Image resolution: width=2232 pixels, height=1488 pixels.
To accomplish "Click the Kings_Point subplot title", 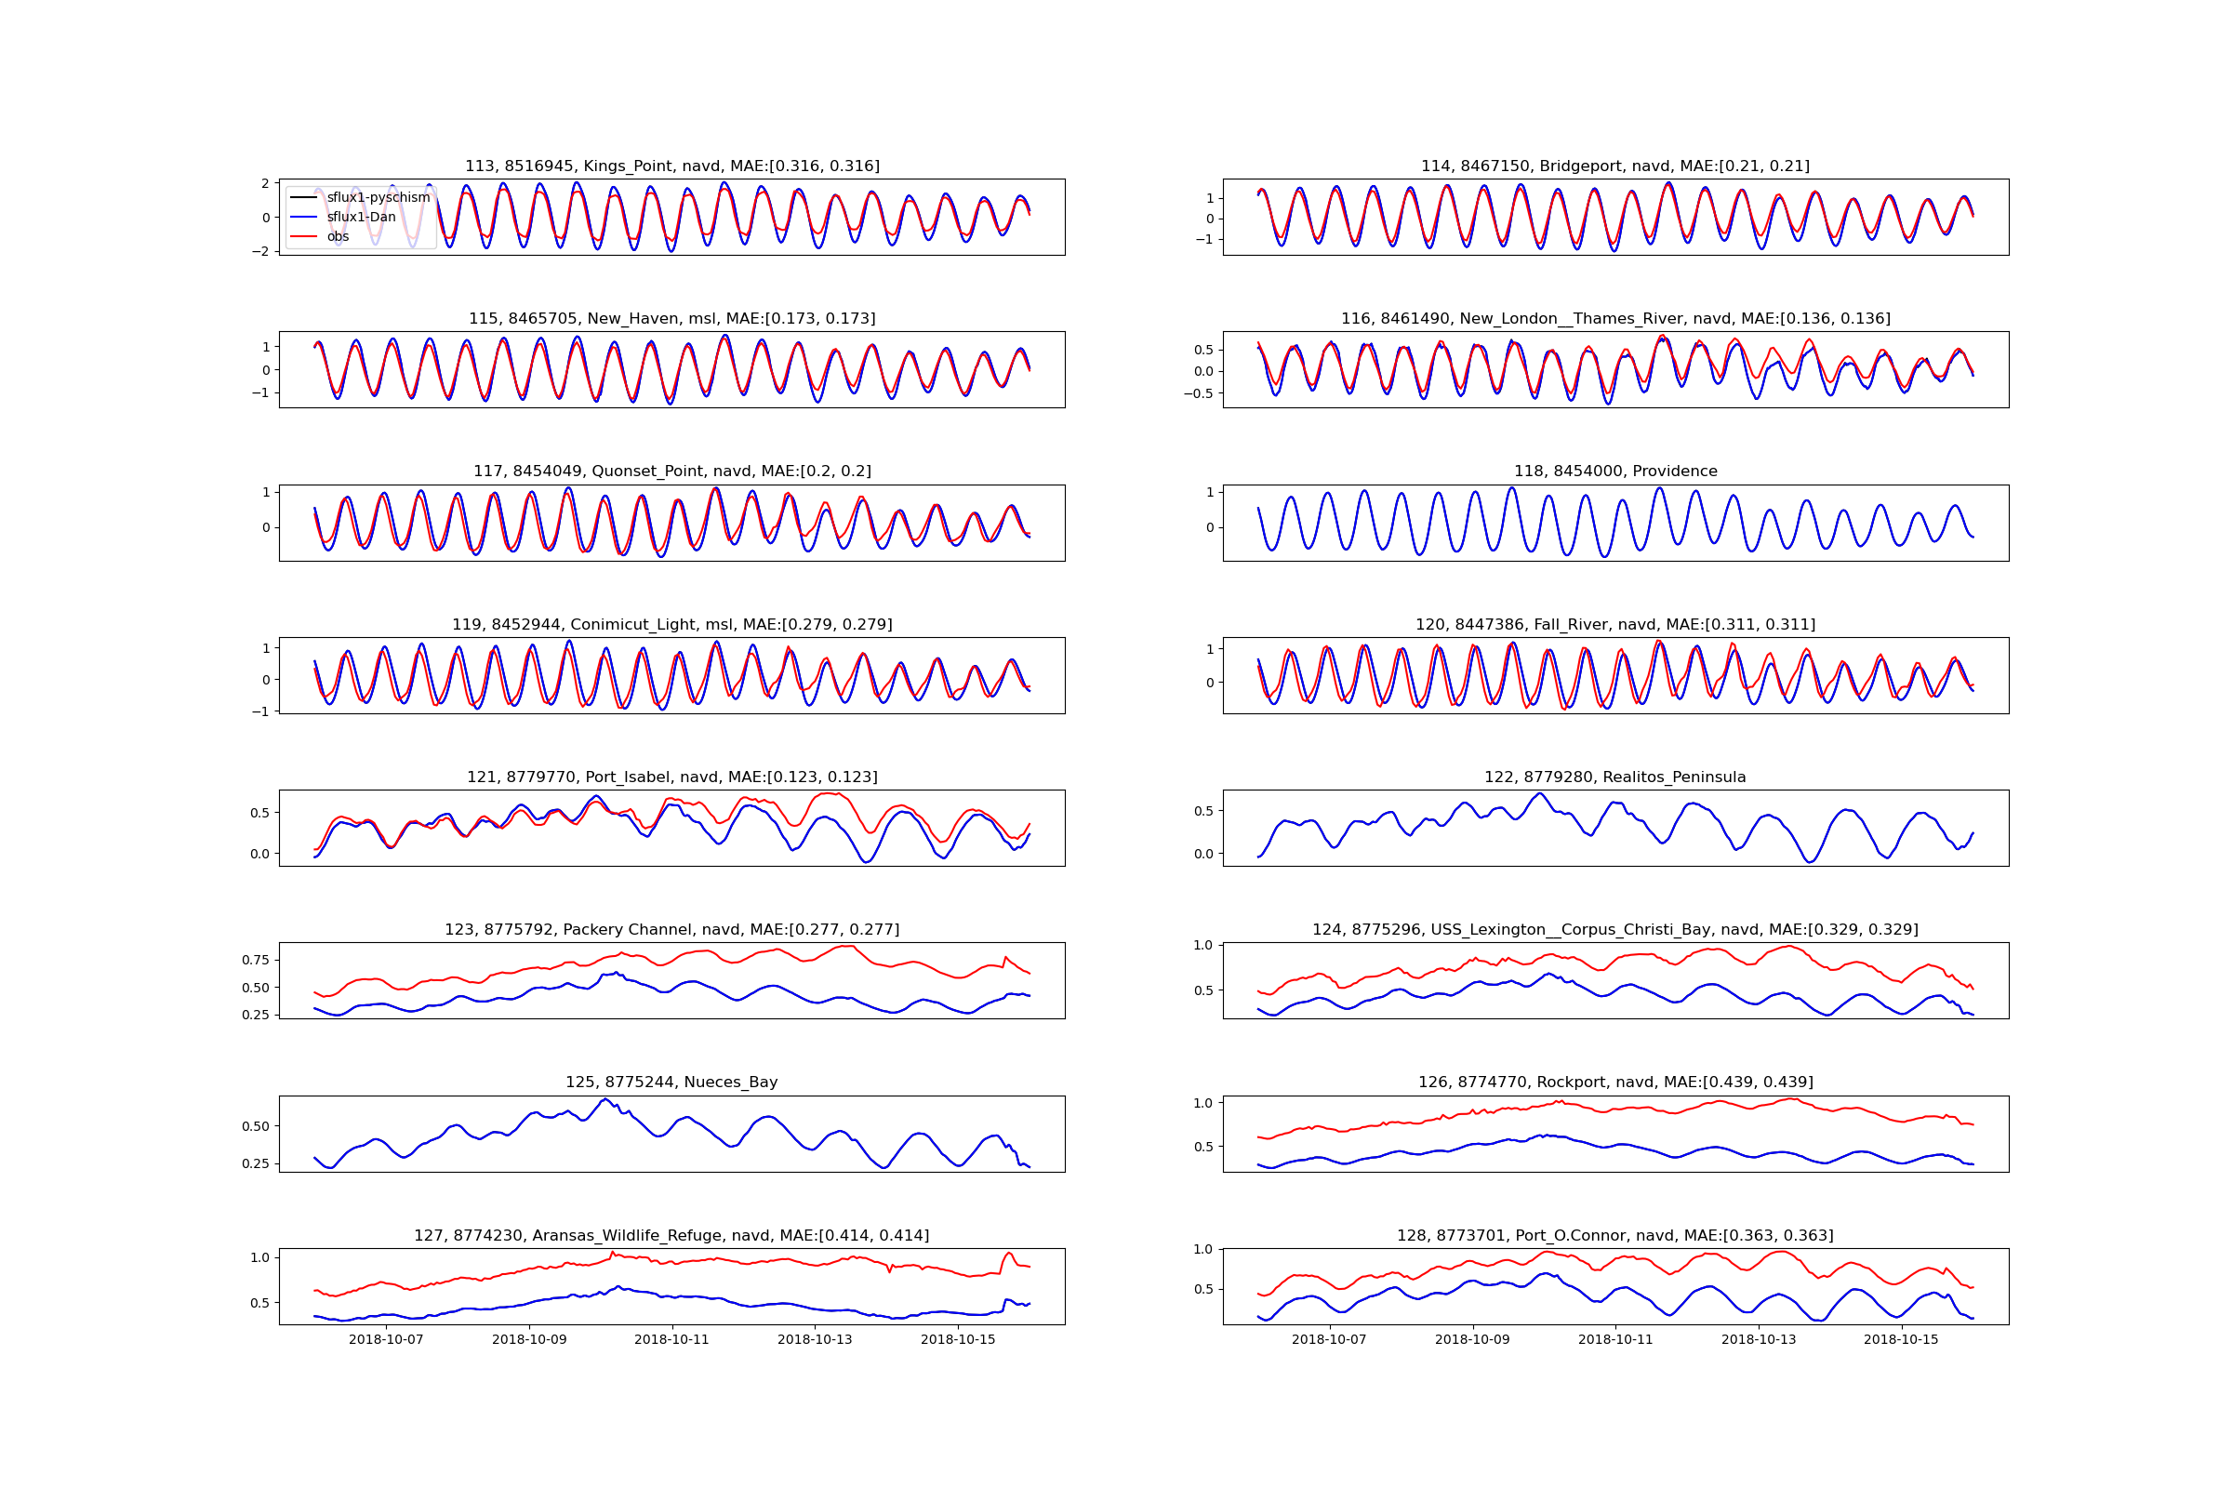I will (x=671, y=166).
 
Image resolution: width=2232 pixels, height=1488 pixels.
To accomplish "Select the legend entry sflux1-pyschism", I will (x=378, y=197).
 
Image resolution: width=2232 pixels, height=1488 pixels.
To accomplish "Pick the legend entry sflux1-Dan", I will (x=361, y=218).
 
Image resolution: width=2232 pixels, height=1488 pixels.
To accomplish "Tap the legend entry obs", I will (x=338, y=237).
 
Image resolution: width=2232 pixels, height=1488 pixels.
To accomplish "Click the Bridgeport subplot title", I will (x=1615, y=166).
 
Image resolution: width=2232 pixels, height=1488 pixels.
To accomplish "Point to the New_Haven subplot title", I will (x=671, y=319).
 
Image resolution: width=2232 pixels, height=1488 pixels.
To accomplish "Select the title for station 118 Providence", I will (x=1615, y=472).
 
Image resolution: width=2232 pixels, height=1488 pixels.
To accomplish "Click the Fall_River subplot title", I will (x=1615, y=624).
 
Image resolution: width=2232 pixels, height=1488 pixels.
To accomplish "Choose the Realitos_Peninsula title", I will (x=1615, y=777).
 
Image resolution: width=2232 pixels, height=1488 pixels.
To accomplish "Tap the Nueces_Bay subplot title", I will (x=671, y=1082).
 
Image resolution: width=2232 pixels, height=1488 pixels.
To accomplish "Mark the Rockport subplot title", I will (x=1615, y=1082).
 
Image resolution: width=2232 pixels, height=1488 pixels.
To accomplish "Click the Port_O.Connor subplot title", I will (x=1615, y=1236).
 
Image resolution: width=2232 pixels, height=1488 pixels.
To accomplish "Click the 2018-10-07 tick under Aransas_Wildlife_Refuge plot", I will (x=386, y=1340).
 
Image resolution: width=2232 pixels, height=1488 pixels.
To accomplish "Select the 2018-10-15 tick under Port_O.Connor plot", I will (x=1901, y=1340).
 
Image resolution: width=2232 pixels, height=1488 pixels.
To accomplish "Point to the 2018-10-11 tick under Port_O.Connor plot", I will (x=1615, y=1340).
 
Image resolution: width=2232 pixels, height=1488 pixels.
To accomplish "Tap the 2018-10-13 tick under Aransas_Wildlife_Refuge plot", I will (x=815, y=1340).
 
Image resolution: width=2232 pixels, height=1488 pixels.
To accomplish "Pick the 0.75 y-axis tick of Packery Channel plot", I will (x=255, y=961).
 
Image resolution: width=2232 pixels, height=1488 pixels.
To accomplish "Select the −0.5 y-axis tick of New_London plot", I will (x=1198, y=393).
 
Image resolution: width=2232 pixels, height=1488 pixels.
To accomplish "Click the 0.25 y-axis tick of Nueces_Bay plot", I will (x=255, y=1163).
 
